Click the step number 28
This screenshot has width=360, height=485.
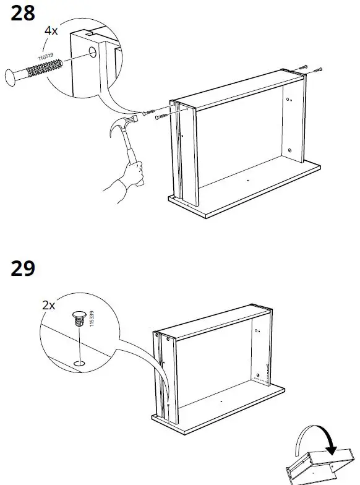24,14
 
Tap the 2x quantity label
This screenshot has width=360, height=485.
49,305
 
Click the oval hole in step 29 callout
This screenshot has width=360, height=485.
78,361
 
